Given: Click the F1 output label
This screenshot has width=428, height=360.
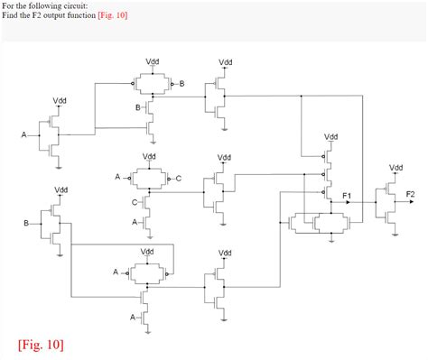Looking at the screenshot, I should [x=347, y=195].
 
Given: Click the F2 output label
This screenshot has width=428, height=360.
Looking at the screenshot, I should [x=411, y=195].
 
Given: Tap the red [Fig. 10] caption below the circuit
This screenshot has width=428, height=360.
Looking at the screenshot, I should [x=41, y=345].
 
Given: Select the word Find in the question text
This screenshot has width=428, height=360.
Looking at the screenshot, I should [x=11, y=15].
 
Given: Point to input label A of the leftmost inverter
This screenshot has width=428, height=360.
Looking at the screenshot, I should [x=24, y=135].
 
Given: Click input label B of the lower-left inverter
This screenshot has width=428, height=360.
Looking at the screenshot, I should [x=26, y=222].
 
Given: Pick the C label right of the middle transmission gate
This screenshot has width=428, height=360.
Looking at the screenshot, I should [x=178, y=179].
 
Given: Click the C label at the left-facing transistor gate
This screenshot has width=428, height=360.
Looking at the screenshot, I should [x=135, y=202].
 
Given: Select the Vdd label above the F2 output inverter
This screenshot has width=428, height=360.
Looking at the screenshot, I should [x=396, y=168].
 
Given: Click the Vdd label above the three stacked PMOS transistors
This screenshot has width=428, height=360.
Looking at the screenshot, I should [x=331, y=137].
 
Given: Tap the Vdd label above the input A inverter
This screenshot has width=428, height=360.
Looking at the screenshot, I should [x=59, y=99].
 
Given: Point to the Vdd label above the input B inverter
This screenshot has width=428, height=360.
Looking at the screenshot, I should [x=60, y=190].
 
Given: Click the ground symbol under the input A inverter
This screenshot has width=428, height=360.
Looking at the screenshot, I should [x=59, y=166].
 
